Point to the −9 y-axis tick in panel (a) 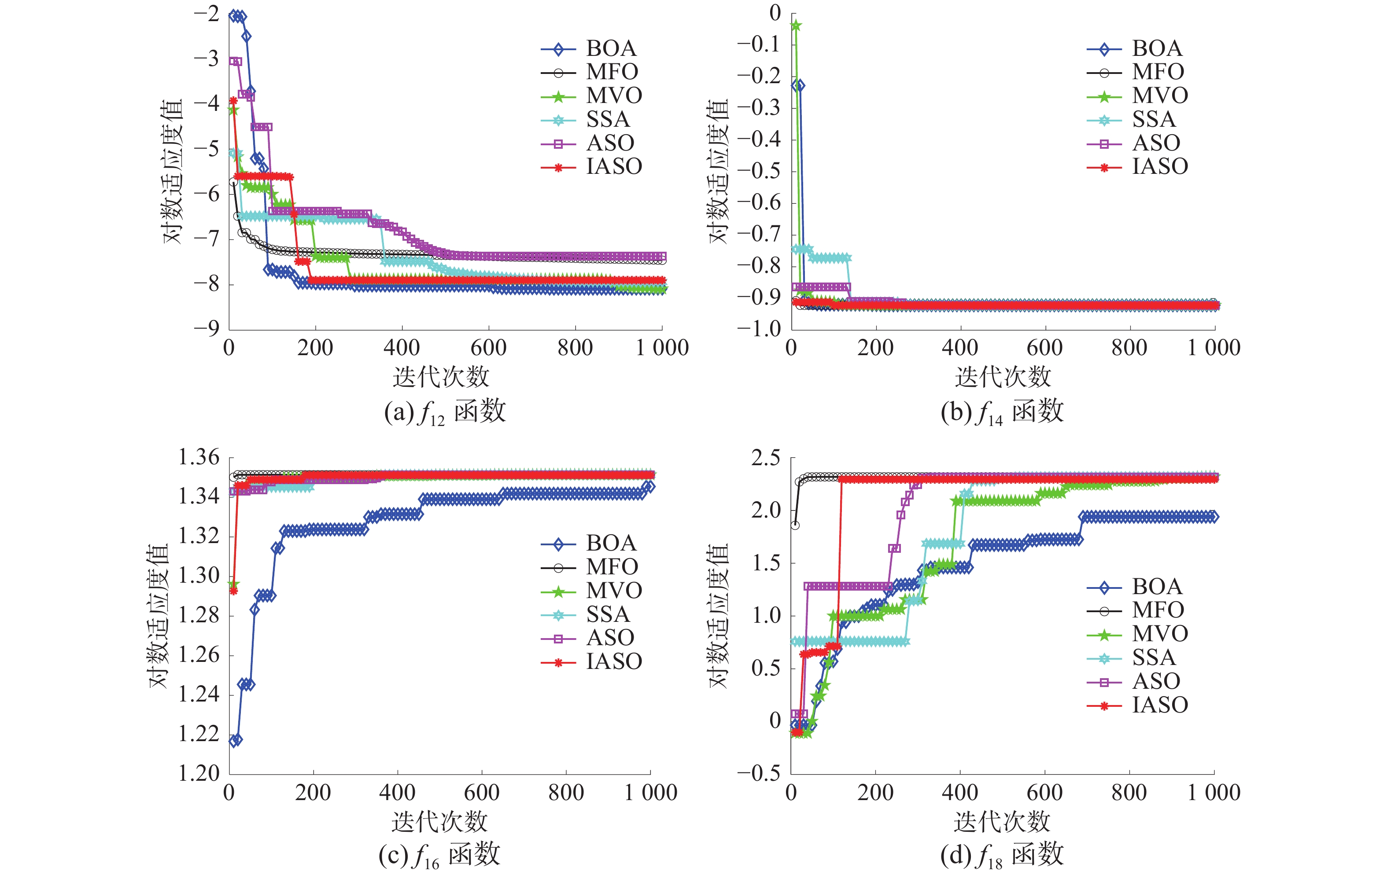pyautogui.click(x=206, y=329)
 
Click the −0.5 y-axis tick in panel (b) pyautogui.click(x=759, y=171)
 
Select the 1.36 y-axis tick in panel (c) pyautogui.click(x=199, y=458)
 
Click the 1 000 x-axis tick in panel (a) pyautogui.click(x=662, y=348)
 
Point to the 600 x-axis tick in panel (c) pyautogui.click(x=482, y=794)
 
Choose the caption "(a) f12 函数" pyautogui.click(x=445, y=413)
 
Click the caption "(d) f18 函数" pyautogui.click(x=1002, y=856)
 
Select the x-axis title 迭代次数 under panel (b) pyautogui.click(x=1003, y=378)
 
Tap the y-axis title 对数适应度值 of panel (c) pyautogui.click(x=159, y=615)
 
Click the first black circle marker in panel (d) pyautogui.click(x=795, y=525)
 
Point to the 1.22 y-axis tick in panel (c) pyautogui.click(x=199, y=735)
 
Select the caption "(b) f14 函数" pyautogui.click(x=1002, y=413)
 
